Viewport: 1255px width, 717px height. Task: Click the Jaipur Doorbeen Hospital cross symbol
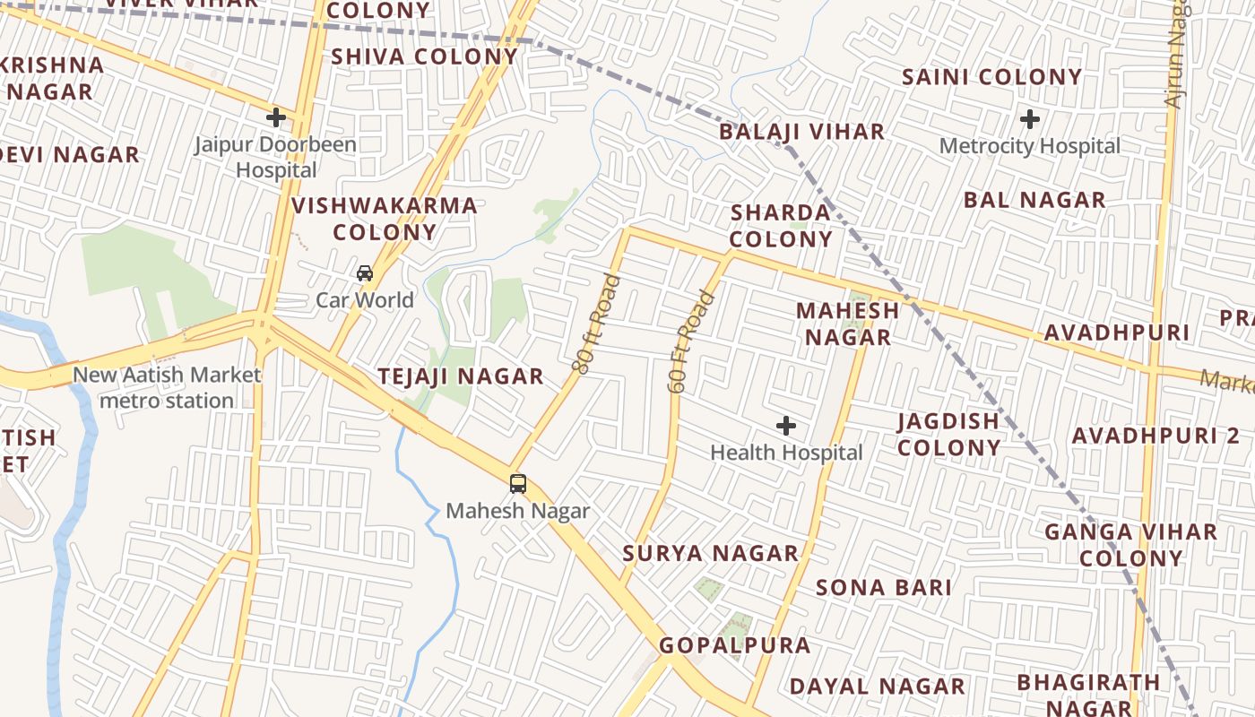pos(276,117)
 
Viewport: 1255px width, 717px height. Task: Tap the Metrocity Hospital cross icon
pos(1030,118)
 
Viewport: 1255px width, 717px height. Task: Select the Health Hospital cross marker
pos(786,426)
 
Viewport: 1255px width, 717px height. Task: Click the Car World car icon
pos(365,273)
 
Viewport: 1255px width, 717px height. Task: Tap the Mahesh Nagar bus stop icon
pos(518,484)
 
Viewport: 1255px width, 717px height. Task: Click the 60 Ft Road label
pos(692,341)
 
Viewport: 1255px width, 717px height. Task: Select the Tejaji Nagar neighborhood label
pos(461,376)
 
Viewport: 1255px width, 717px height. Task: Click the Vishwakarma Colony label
pos(385,219)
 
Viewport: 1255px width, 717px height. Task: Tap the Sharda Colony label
pos(782,226)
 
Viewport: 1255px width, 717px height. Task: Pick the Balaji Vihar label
pos(802,132)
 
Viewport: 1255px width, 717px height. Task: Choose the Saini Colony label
pos(992,77)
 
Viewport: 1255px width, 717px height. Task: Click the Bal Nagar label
pos(1034,200)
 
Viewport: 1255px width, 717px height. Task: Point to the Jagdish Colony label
pos(949,434)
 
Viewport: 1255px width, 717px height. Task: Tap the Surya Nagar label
pos(710,553)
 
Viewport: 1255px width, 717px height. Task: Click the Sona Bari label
pos(884,588)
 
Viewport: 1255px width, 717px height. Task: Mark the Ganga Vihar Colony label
pos(1131,545)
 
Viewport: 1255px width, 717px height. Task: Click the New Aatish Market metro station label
pos(167,387)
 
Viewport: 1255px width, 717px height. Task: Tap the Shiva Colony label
pos(425,56)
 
